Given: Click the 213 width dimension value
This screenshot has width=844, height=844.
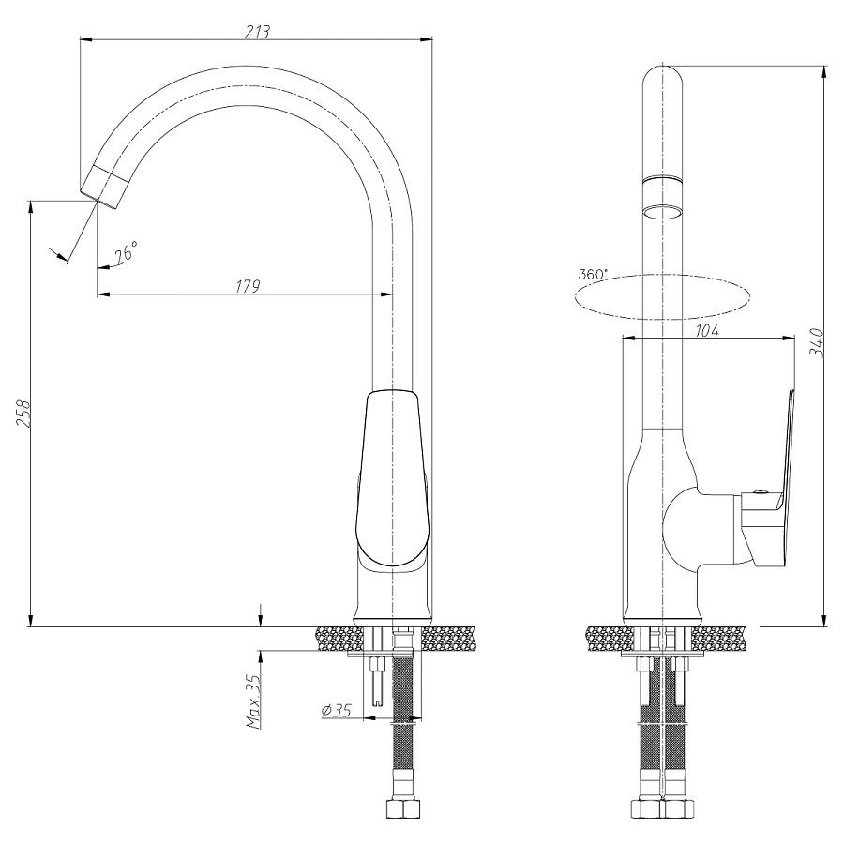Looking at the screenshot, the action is tap(257, 31).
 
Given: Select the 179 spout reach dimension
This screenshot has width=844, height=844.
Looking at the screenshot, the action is tap(249, 285).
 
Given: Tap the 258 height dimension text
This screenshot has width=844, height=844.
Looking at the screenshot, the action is tap(23, 413).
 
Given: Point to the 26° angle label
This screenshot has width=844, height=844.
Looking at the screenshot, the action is tap(126, 250).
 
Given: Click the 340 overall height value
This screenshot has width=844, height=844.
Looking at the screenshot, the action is tap(817, 341).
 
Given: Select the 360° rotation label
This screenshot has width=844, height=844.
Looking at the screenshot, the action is tap(593, 274).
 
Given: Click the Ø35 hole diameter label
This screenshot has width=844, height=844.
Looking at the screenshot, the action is tap(336, 711).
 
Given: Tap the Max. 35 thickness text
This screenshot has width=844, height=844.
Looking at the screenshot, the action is tap(254, 701).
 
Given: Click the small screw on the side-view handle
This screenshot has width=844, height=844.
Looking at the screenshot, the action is tap(760, 490).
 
